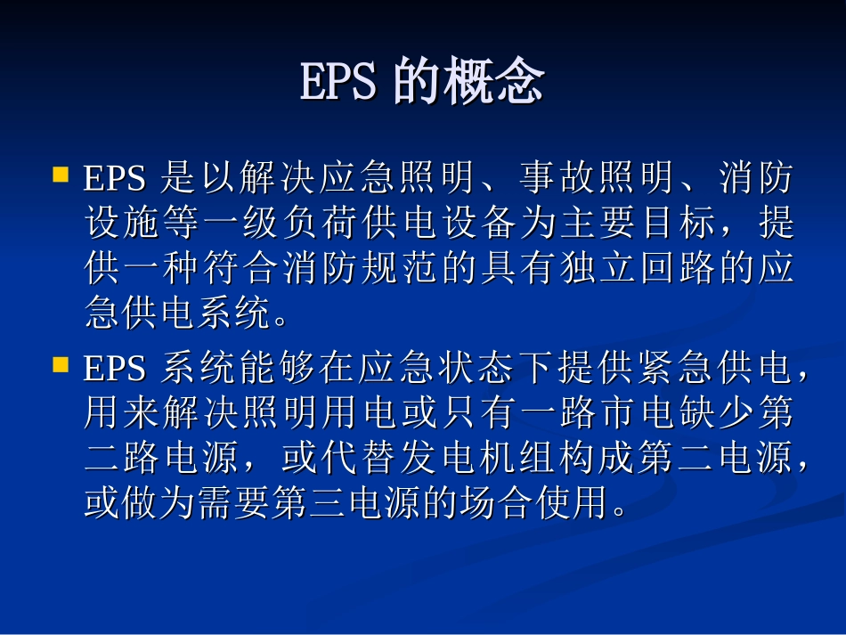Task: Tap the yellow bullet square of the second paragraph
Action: pos(61,364)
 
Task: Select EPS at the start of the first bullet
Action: pos(114,180)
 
